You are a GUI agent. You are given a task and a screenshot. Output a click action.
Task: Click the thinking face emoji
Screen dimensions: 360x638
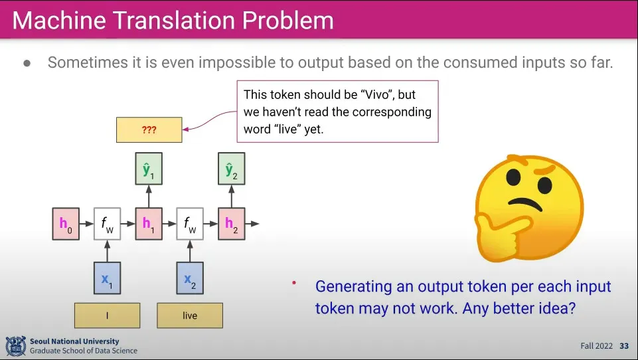click(529, 211)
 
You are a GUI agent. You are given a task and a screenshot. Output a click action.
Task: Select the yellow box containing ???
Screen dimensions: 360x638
click(149, 130)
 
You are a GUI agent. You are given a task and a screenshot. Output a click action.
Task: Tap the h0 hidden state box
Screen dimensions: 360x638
click(65, 223)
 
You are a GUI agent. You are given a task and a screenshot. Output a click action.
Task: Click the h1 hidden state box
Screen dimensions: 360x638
click(148, 223)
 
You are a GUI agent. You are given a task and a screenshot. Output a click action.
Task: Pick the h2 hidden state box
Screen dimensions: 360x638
click(231, 223)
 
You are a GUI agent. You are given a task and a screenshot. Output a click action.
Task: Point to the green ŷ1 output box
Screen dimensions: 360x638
click(148, 171)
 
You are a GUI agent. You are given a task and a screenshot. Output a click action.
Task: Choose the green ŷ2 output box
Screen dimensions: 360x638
click(231, 171)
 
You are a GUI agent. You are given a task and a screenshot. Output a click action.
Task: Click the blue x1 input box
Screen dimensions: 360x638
click(107, 279)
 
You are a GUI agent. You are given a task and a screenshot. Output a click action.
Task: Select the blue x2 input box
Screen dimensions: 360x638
click(190, 279)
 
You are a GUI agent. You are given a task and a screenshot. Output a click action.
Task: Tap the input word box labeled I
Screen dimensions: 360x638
click(107, 315)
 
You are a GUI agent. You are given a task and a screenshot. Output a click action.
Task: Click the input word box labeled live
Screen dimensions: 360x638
click(190, 315)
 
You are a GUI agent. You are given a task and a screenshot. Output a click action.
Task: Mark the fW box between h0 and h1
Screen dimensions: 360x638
click(107, 223)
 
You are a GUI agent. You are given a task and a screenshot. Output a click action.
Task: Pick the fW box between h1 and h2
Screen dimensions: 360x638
click(190, 223)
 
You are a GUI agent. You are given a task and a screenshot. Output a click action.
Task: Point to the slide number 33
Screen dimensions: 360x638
click(624, 346)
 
